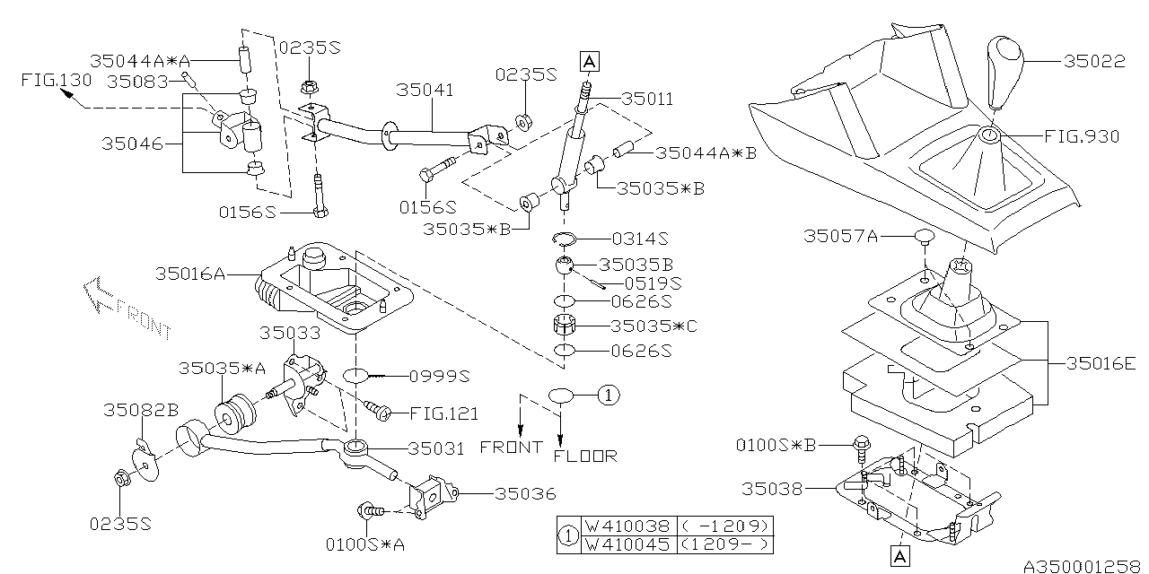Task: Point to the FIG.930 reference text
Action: click(x=1083, y=137)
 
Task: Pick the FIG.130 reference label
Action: click(x=56, y=80)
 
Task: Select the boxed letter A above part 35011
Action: click(x=589, y=61)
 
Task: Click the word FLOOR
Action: click(x=585, y=456)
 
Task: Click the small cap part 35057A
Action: click(x=925, y=238)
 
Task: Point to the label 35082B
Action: click(x=141, y=411)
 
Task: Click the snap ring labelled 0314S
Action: click(x=565, y=239)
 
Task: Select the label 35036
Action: click(x=525, y=493)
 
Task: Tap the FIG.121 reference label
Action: click(x=443, y=413)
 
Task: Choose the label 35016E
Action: click(x=1101, y=363)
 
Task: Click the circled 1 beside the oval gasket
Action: click(x=608, y=393)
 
